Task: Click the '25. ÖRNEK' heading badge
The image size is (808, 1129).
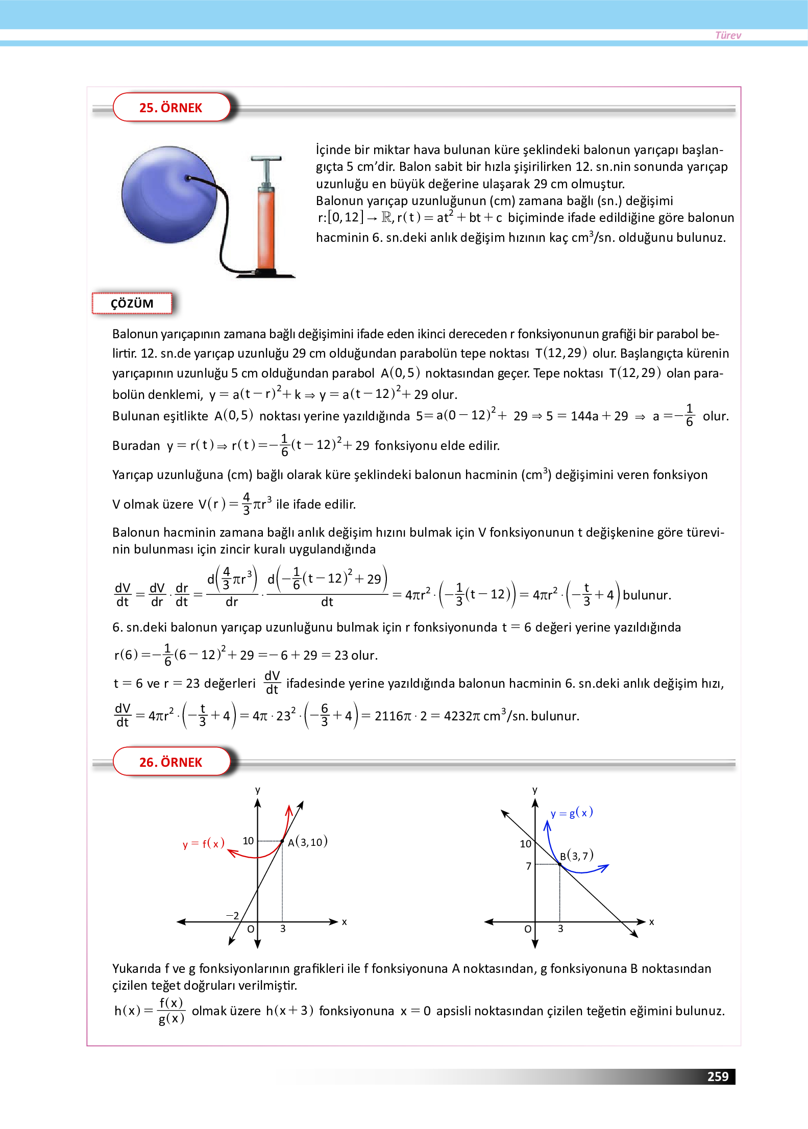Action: (171, 108)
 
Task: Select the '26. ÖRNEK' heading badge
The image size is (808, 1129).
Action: (171, 762)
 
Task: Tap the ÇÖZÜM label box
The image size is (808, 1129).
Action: (132, 304)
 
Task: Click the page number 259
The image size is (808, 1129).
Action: (717, 1076)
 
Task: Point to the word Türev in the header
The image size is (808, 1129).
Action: (728, 35)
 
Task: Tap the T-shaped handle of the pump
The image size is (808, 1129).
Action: (266, 159)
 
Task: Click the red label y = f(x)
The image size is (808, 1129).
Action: (203, 844)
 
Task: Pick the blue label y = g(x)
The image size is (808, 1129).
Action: (572, 813)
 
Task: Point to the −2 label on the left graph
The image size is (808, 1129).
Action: (232, 915)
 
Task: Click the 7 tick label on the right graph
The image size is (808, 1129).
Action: (529, 866)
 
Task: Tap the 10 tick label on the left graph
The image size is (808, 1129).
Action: (248, 840)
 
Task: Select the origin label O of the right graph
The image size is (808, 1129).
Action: (528, 929)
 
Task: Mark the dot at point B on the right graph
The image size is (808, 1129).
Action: (560, 864)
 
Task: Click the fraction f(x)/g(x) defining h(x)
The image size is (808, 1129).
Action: (171, 1011)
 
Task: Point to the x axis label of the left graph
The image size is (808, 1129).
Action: (345, 922)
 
